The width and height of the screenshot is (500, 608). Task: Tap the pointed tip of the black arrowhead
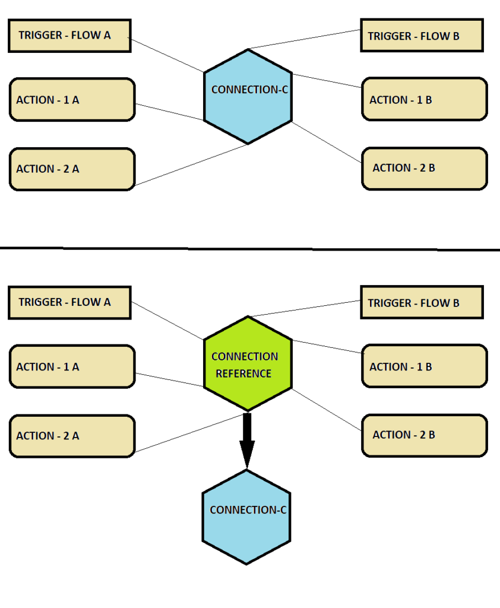(247, 467)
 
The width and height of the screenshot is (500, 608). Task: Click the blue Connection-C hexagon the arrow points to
(246, 517)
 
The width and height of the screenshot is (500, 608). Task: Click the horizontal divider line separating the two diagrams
(249, 248)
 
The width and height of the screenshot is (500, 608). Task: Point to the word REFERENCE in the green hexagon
(243, 373)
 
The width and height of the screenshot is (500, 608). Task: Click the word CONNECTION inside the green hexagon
(245, 356)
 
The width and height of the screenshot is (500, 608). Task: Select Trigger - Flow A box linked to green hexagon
(69, 302)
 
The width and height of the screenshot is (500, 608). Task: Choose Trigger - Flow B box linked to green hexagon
(422, 302)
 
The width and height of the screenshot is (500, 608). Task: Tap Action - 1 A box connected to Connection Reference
(72, 367)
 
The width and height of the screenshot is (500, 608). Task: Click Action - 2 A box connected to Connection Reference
(72, 436)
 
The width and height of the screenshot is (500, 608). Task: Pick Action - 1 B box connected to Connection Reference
(424, 366)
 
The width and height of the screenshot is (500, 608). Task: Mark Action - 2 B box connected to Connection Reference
(424, 435)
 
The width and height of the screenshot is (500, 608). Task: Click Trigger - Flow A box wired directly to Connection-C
(69, 36)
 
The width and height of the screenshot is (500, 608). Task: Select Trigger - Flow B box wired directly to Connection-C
(422, 36)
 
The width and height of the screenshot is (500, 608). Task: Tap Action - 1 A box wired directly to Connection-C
(72, 100)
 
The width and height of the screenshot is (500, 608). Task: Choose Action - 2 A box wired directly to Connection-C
(72, 169)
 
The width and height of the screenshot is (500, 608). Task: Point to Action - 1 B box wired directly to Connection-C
(424, 99)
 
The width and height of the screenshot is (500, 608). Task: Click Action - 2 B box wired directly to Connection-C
(424, 169)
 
